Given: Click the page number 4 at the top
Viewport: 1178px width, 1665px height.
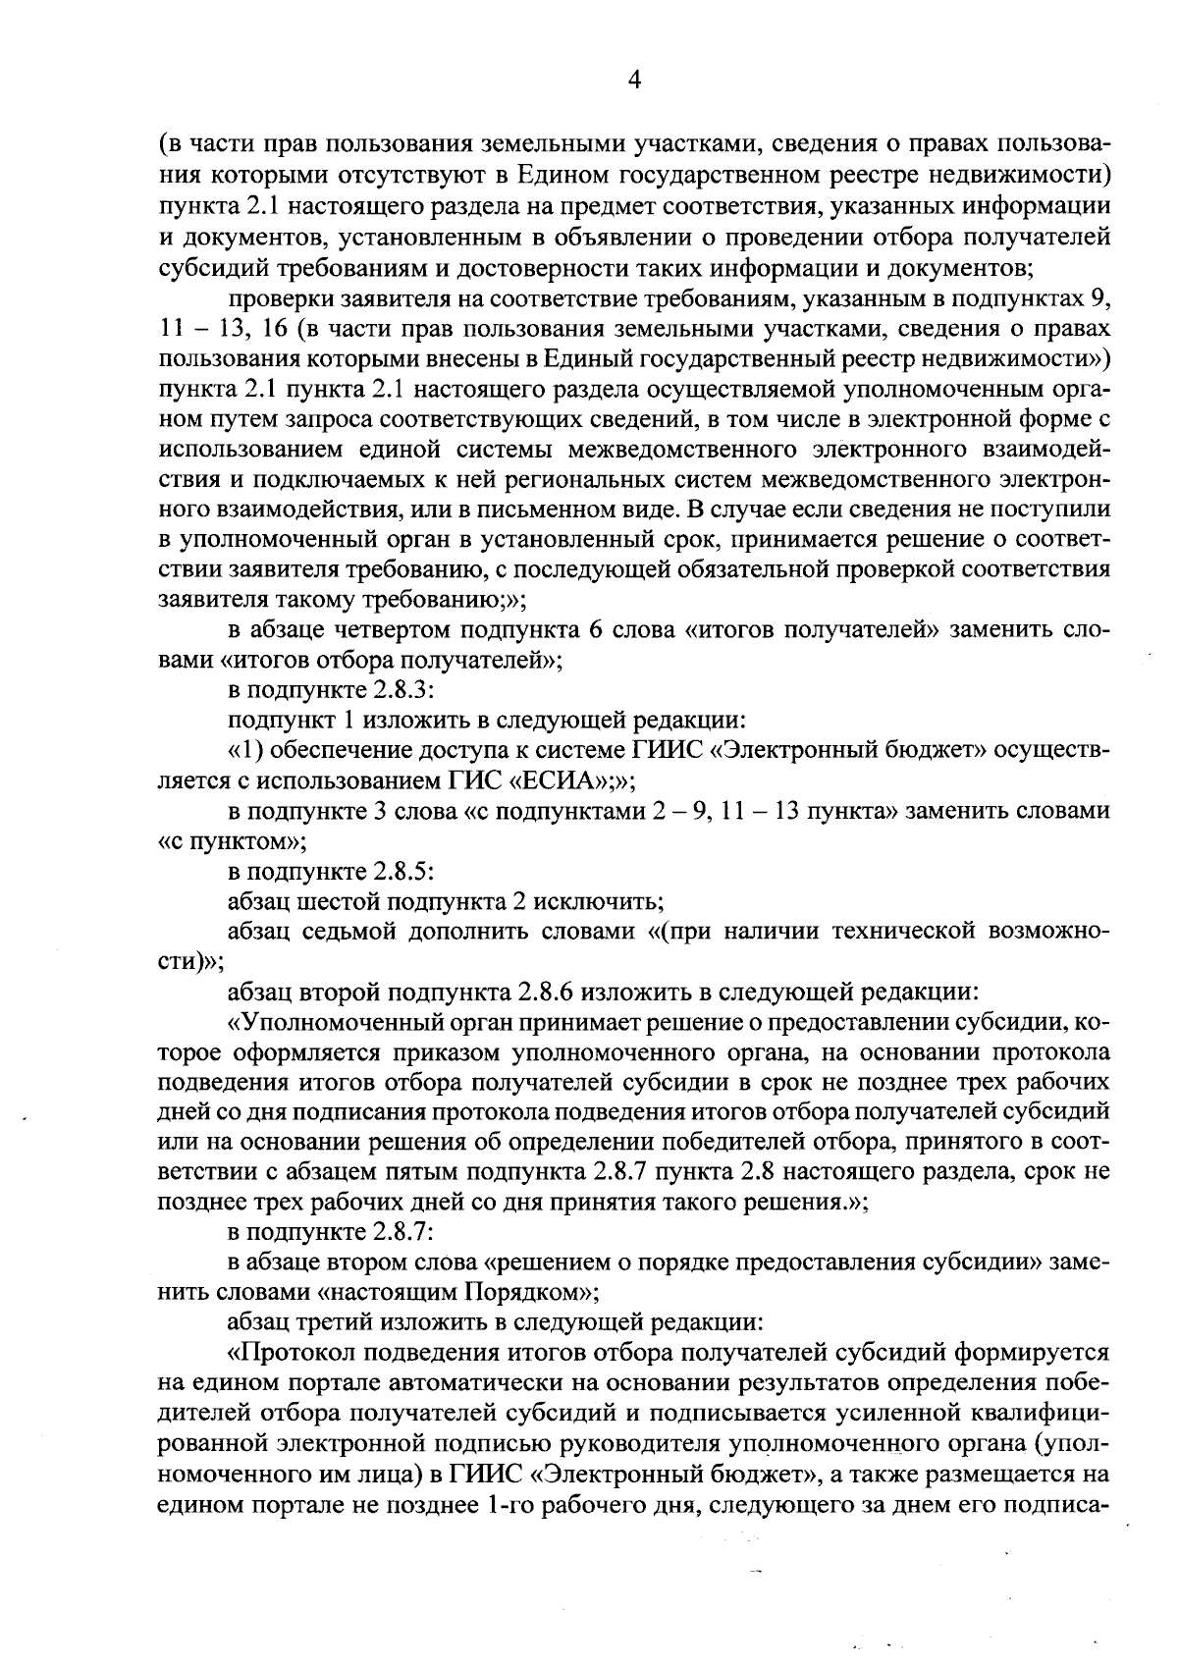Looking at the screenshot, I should [x=633, y=81].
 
